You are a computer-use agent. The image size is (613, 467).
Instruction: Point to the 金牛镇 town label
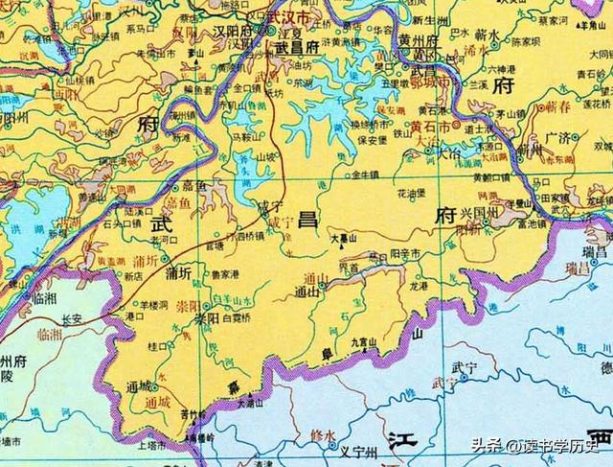pyautogui.click(x=368, y=176)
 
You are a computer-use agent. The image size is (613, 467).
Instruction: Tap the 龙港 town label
pyautogui.click(x=419, y=285)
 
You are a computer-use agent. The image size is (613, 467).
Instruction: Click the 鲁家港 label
pyautogui.click(x=226, y=273)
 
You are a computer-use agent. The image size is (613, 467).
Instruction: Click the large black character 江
pyautogui.click(x=401, y=440)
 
